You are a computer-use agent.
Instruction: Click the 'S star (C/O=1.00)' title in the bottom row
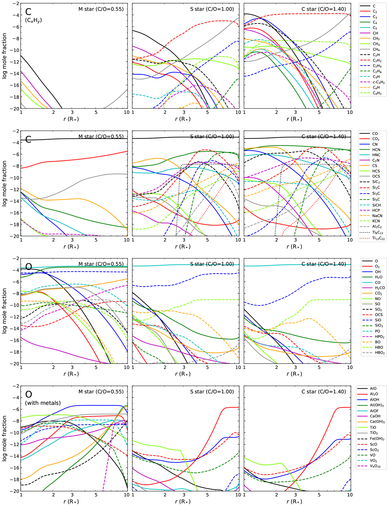[x=212, y=392]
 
